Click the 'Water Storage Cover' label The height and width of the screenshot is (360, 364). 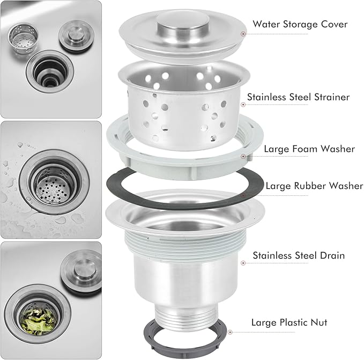coord(300,24)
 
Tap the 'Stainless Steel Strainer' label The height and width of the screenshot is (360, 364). coord(298,97)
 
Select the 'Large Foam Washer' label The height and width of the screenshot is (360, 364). coord(309,149)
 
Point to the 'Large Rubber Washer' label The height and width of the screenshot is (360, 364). coord(314,186)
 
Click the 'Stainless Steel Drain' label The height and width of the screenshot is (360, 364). coord(299,255)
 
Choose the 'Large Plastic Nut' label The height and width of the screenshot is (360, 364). coord(289,322)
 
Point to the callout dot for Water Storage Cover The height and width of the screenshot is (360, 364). coord(243,34)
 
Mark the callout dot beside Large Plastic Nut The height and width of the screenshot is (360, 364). coord(230,332)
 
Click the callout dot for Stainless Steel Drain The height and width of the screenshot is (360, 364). coord(243,263)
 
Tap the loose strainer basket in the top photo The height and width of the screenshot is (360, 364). coord(23,38)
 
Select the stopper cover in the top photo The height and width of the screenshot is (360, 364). coord(76,36)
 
